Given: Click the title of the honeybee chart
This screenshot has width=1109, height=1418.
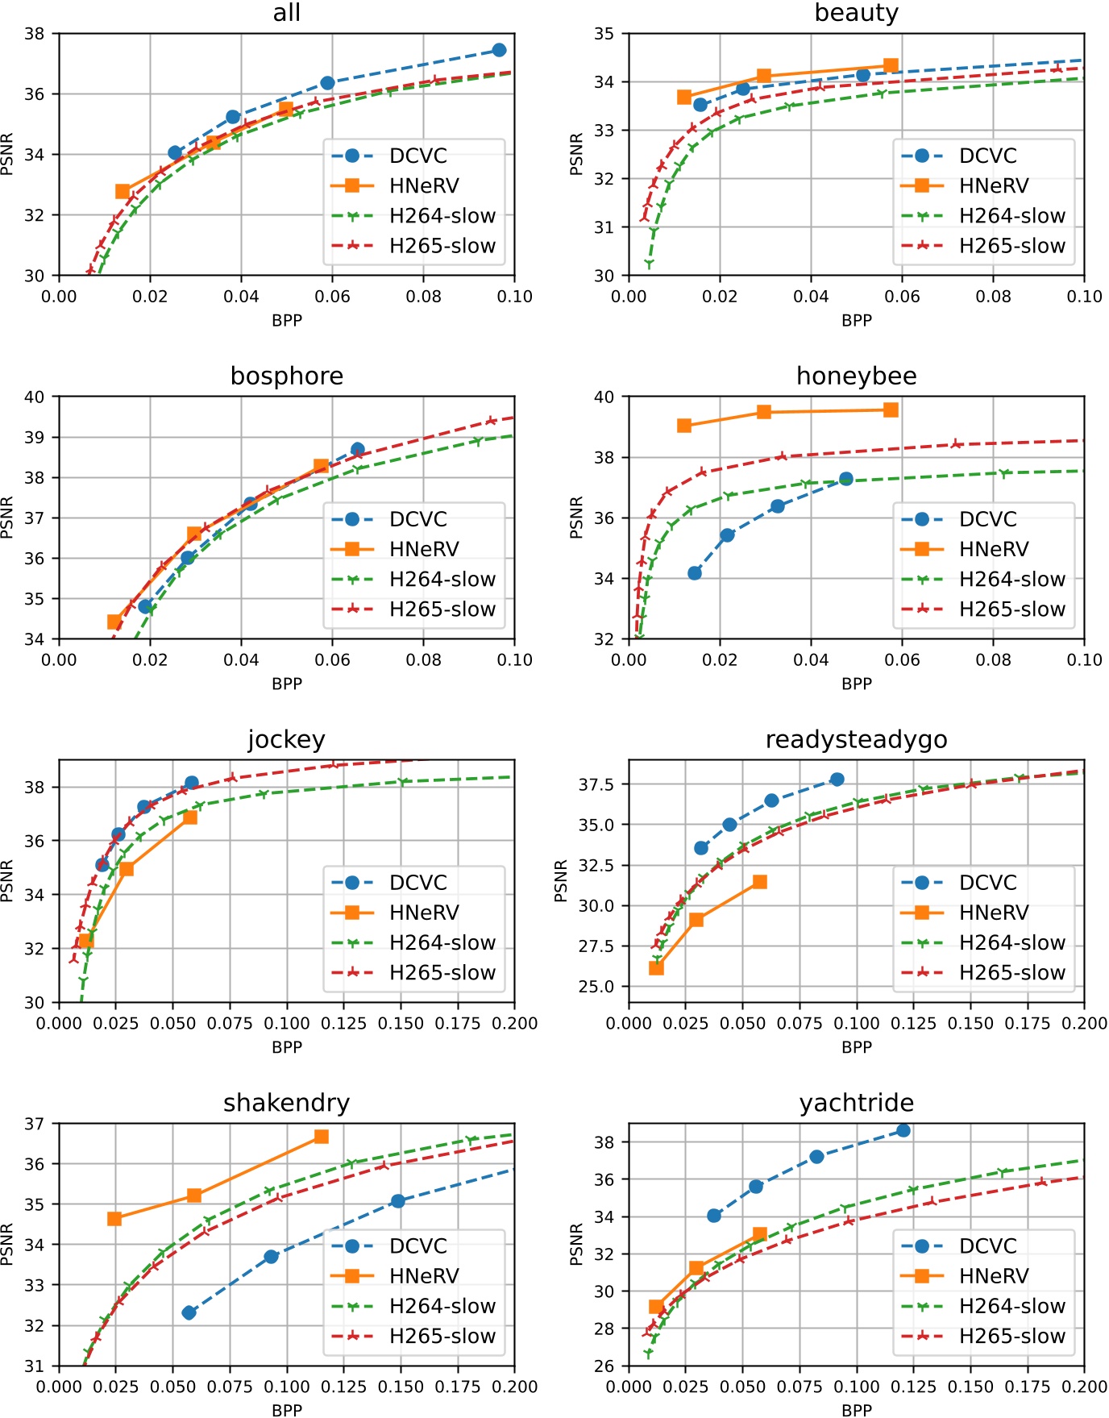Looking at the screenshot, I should [x=856, y=376].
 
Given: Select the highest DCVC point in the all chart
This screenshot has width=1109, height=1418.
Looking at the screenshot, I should [x=499, y=50].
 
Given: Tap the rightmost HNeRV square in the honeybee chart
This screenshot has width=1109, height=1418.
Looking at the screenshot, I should [x=891, y=410].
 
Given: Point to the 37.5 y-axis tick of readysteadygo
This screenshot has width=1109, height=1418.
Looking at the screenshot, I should [x=597, y=784].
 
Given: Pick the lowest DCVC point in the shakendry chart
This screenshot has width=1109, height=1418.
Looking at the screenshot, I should [x=189, y=1312].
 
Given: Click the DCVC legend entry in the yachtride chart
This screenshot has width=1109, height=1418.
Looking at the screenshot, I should [x=988, y=1246].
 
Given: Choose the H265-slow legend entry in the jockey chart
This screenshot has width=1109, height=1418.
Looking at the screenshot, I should [x=442, y=973].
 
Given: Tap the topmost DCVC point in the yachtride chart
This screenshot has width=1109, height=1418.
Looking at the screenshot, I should [x=903, y=1130].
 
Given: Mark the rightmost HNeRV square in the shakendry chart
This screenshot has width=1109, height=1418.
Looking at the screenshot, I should [x=321, y=1137].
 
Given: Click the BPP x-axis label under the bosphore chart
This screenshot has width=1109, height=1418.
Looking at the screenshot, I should [x=287, y=684].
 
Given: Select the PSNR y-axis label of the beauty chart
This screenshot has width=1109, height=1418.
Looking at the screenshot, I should [x=576, y=154].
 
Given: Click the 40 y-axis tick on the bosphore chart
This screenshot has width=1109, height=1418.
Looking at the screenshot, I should [x=35, y=397].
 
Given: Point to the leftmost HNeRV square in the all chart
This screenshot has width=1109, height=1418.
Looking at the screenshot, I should [x=123, y=191].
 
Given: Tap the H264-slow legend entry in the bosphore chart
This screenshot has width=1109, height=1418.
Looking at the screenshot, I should [x=442, y=580].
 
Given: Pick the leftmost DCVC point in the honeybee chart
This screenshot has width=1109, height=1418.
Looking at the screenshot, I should [x=695, y=573].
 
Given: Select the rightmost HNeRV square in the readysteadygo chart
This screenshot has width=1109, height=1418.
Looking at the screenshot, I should [x=759, y=882].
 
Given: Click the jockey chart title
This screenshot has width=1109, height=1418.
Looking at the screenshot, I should [x=287, y=740].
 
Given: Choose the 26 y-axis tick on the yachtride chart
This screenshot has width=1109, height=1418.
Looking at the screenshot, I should [x=604, y=1366].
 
